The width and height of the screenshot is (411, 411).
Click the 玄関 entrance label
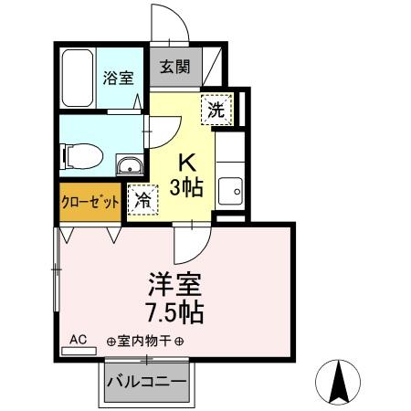pyautogui.click(x=175, y=67)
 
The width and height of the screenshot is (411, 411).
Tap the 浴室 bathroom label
pyautogui.click(x=118, y=78)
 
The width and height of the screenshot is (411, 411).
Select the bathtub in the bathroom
pyautogui.click(x=78, y=78)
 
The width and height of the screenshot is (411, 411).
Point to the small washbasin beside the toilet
pyautogui.click(x=131, y=165)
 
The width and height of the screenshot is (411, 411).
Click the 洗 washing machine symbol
pyautogui.click(x=216, y=110)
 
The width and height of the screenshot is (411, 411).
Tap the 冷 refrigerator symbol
pyautogui.click(x=142, y=200)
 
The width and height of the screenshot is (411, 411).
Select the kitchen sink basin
pyautogui.click(x=230, y=191)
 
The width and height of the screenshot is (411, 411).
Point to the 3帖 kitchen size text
pyautogui.click(x=186, y=187)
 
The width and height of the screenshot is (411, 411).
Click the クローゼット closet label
pyautogui.click(x=90, y=201)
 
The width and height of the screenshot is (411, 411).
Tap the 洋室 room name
pyautogui.click(x=174, y=285)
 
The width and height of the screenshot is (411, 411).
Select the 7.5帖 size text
pyautogui.click(x=175, y=312)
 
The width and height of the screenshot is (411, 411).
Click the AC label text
pyautogui.click(x=78, y=339)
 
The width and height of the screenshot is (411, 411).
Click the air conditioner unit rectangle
pyautogui.click(x=79, y=351)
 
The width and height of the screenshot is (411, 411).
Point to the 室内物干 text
pyautogui.click(x=144, y=341)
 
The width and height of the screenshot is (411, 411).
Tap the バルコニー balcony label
pyautogui.click(x=146, y=381)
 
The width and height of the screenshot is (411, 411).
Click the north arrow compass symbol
pyautogui.click(x=338, y=382)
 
